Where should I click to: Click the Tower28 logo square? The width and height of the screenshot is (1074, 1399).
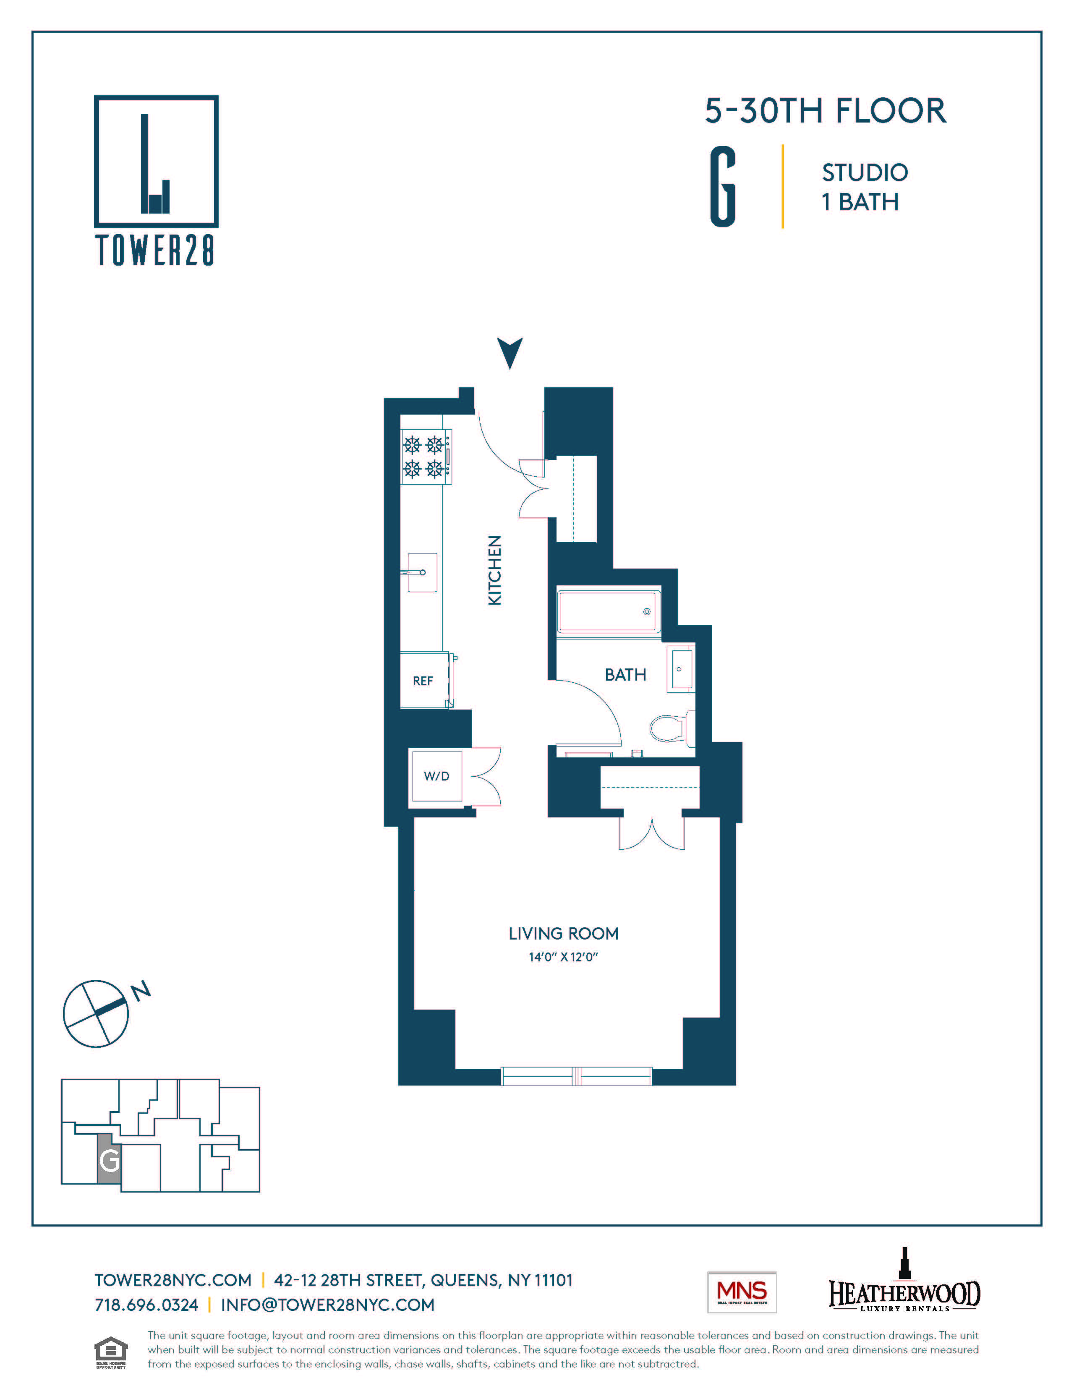click(x=156, y=161)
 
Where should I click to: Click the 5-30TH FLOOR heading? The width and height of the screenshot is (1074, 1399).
click(x=825, y=111)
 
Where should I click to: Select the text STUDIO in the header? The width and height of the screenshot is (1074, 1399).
click(x=864, y=172)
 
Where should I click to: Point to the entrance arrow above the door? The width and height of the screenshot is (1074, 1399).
click(x=510, y=352)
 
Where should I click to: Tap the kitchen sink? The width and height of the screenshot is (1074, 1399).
click(x=422, y=572)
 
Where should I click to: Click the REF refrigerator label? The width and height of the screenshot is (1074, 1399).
click(x=423, y=681)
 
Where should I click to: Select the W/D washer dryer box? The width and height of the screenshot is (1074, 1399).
click(x=436, y=776)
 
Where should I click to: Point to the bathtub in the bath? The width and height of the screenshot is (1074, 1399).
click(x=608, y=612)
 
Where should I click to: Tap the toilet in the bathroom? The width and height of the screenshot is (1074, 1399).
click(x=671, y=727)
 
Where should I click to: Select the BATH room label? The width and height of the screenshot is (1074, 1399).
click(x=625, y=675)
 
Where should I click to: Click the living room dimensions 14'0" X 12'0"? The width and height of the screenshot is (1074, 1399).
click(x=562, y=957)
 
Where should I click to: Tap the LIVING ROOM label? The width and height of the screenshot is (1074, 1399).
click(x=563, y=934)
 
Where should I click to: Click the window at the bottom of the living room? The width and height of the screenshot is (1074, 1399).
click(x=576, y=1076)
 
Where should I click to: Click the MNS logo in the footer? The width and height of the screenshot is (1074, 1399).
click(x=742, y=1292)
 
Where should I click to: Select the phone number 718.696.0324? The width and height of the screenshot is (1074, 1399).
click(x=146, y=1305)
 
